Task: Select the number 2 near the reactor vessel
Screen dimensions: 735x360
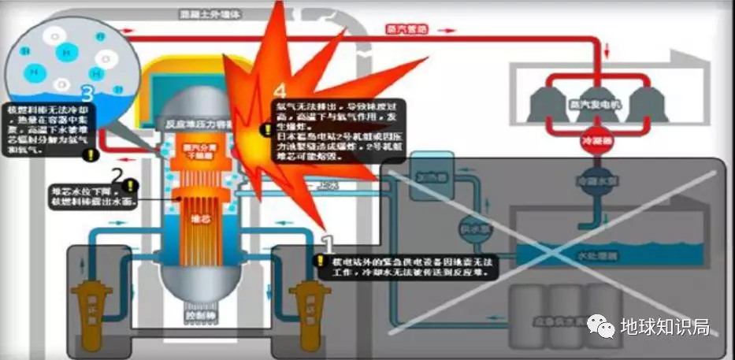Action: pyautogui.click(x=117, y=175)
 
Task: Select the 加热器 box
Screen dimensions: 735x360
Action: pyautogui.click(x=427, y=179)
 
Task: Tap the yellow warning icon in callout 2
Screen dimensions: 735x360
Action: pyautogui.click(x=129, y=187)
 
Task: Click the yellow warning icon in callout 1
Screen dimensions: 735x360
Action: pyautogui.click(x=320, y=259)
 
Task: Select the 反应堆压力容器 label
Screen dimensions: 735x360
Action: pyautogui.click(x=184, y=124)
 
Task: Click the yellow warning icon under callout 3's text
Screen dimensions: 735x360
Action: pyautogui.click(x=91, y=156)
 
